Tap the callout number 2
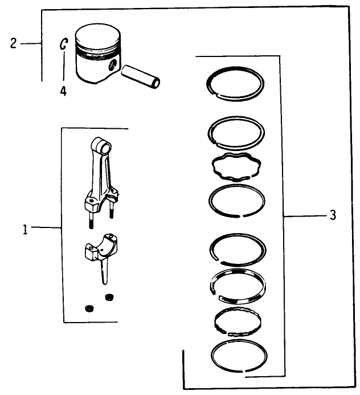[13, 44]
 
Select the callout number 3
[333, 215]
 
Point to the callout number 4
[63, 91]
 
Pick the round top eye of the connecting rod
[100, 148]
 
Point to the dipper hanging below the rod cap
[104, 272]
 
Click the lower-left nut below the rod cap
[88, 308]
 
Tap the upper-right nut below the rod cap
[109, 296]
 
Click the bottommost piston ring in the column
[238, 358]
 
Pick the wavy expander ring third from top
[236, 167]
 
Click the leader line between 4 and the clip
[64, 67]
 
